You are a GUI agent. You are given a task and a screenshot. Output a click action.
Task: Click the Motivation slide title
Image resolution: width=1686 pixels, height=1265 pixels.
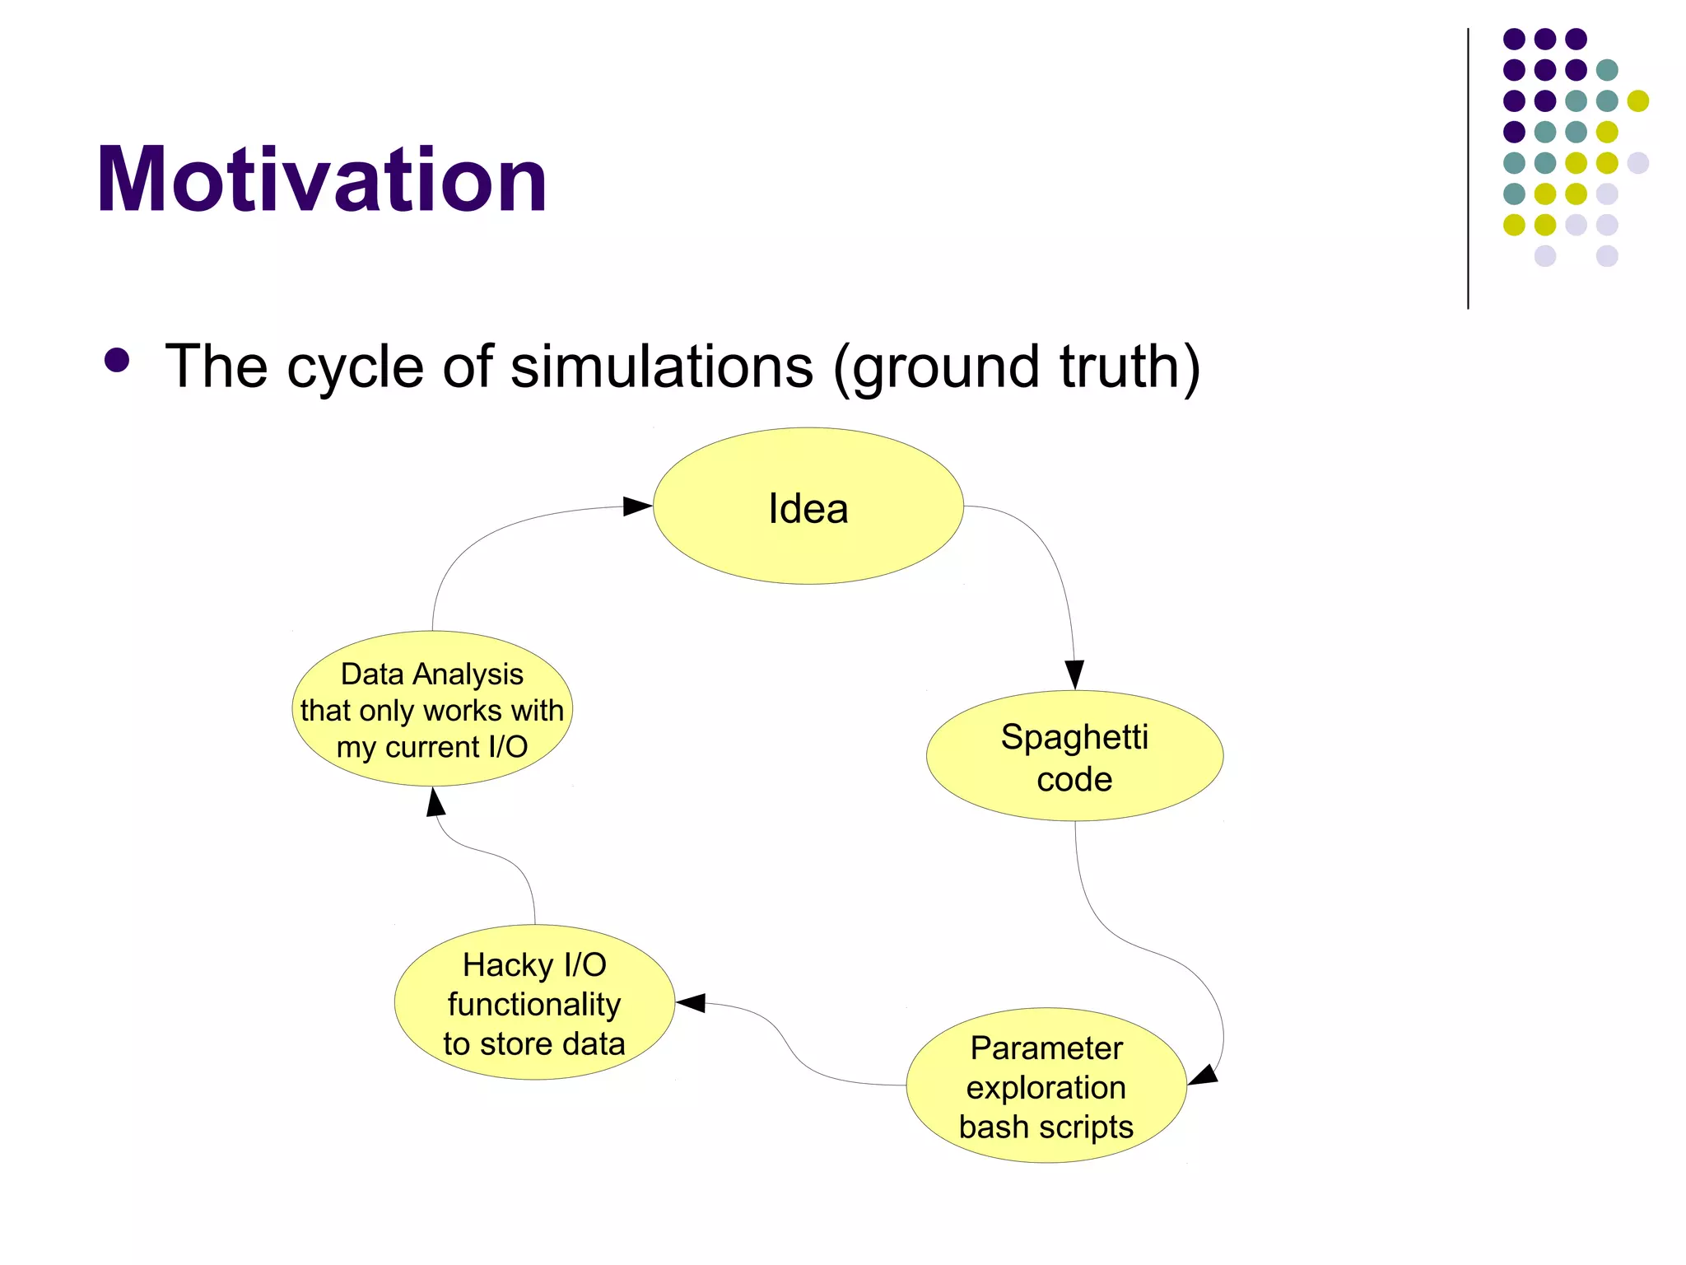pos(321,180)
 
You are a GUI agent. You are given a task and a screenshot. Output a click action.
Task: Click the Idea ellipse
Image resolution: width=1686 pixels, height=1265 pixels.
pos(808,506)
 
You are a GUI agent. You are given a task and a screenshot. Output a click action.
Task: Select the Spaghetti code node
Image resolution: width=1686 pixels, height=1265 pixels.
pos(1074,756)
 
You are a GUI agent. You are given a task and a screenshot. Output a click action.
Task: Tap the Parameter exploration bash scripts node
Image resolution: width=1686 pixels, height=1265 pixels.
pos(1046,1085)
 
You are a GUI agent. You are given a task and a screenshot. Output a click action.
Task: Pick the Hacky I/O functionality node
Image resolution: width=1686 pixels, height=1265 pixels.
pos(534,1002)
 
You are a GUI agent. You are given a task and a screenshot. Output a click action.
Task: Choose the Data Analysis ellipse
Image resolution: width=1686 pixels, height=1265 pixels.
pos(432,709)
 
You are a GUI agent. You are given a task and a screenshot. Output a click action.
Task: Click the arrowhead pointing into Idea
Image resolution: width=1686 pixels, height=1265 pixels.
pos(637,506)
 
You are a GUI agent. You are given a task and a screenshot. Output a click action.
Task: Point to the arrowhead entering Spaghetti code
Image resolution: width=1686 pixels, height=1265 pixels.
pos(1074,674)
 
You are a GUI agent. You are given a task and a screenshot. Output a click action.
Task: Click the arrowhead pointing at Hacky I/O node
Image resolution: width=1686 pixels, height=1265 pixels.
pos(692,1002)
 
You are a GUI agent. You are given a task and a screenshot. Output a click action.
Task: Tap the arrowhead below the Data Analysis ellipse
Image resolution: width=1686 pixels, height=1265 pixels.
pos(435,801)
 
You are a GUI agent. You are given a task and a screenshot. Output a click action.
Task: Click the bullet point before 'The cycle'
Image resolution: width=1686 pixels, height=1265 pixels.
pos(117,361)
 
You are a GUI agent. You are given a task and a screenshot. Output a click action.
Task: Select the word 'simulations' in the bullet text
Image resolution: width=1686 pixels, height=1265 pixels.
pos(662,366)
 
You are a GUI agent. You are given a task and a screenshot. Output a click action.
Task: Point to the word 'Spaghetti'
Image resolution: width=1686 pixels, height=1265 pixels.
pos(1074,736)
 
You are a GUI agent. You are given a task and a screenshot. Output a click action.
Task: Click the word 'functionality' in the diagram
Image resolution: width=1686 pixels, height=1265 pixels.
pos(534,1004)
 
